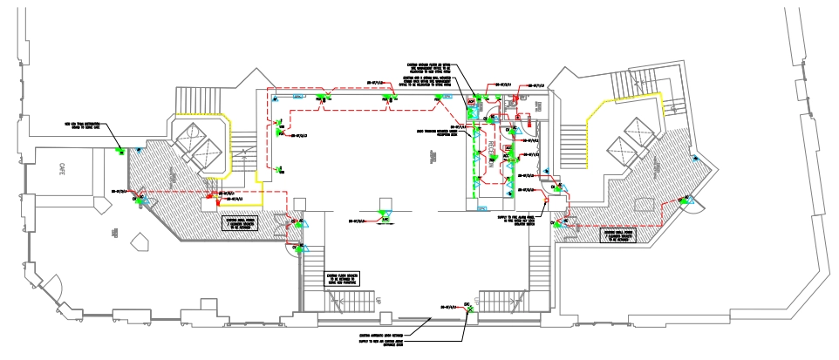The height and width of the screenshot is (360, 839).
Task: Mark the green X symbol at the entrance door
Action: pyautogui.click(x=468, y=309)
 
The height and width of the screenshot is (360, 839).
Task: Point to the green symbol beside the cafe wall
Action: pyautogui.click(x=119, y=153)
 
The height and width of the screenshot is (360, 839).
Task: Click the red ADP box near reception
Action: pyautogui.click(x=472, y=102)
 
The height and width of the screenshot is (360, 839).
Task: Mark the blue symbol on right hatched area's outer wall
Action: pyautogui.click(x=696, y=159)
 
